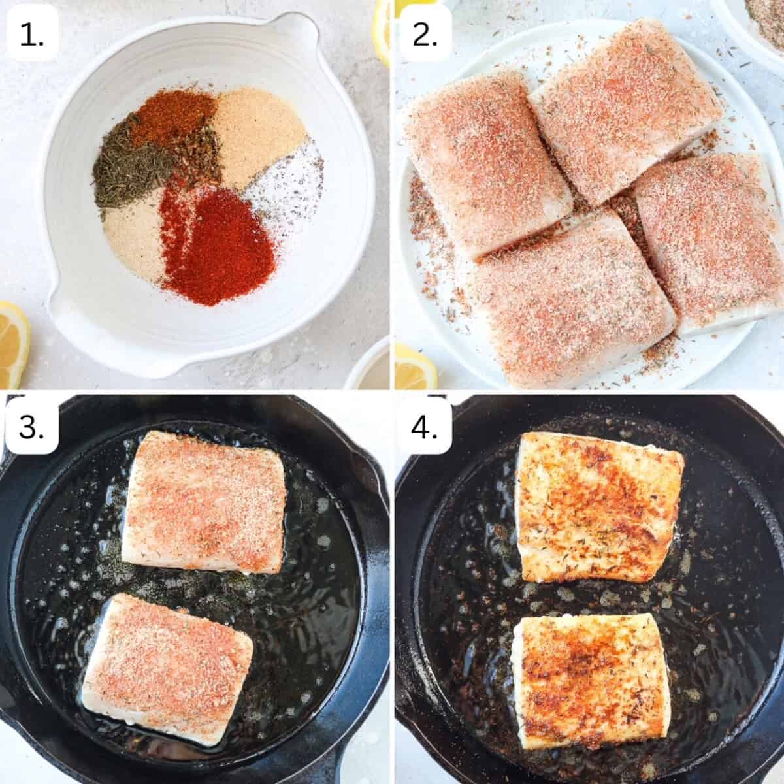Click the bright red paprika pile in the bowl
[219, 242]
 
